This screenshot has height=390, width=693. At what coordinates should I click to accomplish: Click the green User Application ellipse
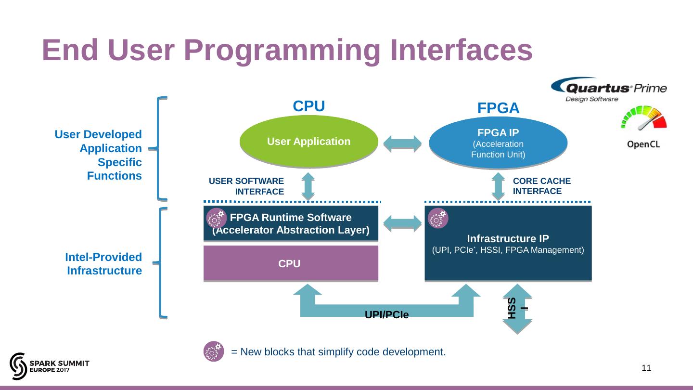coord(308,142)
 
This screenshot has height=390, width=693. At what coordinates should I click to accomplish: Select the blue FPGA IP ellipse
coord(498,143)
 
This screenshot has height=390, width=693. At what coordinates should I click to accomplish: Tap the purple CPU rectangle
coord(291,263)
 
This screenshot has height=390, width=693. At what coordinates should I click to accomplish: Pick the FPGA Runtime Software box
coord(291,224)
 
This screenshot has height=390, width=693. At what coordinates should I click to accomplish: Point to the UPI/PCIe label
coord(386,315)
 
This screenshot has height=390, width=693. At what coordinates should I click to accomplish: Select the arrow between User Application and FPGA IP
coord(402,143)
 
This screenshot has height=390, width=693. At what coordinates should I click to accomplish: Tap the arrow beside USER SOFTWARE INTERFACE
coord(308,186)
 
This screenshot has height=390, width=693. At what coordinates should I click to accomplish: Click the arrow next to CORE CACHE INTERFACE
coord(498,186)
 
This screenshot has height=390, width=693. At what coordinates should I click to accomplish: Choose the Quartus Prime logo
coord(608,90)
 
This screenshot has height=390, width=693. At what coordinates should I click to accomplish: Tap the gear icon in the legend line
coord(213,351)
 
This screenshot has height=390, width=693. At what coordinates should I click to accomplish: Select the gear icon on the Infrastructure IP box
coord(438,218)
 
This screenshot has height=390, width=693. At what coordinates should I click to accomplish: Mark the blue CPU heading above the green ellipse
coord(309,106)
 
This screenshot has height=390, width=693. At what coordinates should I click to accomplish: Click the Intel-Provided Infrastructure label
coord(103,264)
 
